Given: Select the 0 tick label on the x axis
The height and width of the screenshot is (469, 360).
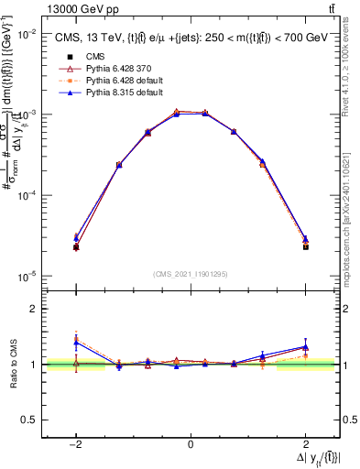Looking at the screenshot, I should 191,443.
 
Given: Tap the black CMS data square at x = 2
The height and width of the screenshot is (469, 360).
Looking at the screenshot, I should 305,247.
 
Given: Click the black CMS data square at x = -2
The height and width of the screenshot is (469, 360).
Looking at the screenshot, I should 76,247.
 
